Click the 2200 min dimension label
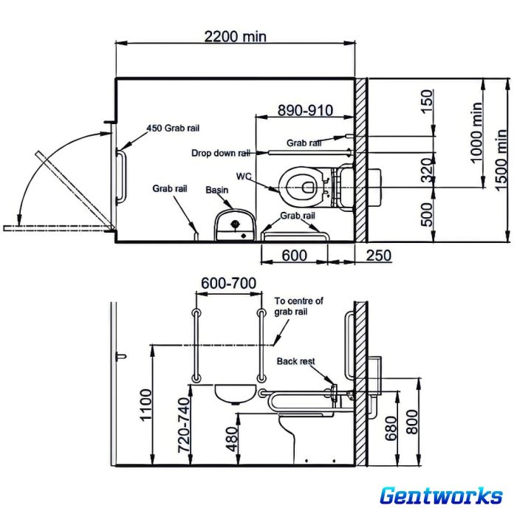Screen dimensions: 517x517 point(235,36)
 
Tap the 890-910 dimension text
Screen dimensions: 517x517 point(305,110)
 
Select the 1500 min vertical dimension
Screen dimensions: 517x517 point(501,160)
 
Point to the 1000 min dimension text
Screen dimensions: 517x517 point(477,132)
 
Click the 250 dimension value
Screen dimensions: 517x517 point(378,256)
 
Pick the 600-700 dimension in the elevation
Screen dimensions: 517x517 point(228,283)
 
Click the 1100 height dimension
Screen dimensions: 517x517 point(146,405)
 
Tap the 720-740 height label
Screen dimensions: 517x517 point(184,425)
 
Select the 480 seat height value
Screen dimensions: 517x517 point(232,439)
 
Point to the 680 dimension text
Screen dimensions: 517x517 point(391,428)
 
